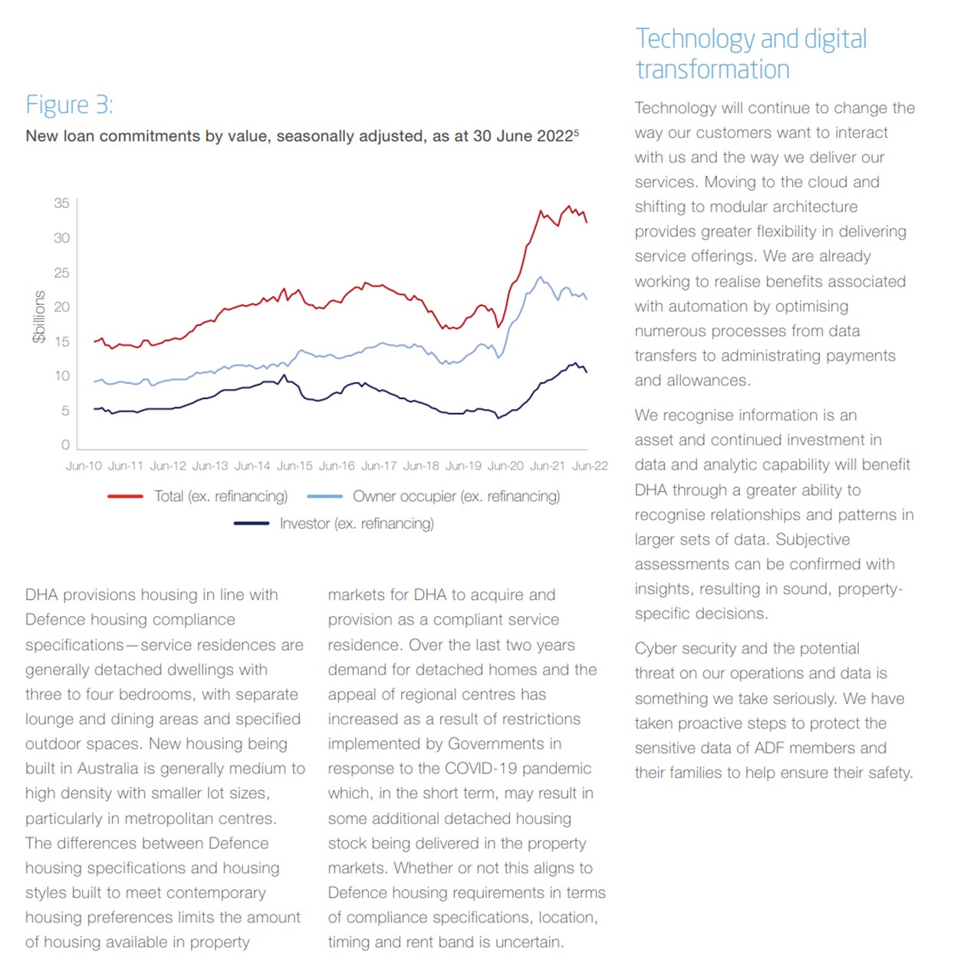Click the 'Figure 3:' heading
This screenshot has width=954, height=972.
(70, 105)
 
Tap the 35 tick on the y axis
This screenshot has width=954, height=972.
(61, 203)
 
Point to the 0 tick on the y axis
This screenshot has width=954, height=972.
(65, 445)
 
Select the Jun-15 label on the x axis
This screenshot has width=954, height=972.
(294, 466)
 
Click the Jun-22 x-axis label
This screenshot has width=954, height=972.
(590, 466)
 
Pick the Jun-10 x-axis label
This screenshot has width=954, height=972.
(84, 466)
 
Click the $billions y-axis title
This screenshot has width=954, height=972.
(39, 317)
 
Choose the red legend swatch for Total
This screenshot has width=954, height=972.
(125, 496)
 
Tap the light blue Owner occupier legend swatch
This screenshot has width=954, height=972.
(324, 496)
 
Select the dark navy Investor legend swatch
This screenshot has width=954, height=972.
(251, 523)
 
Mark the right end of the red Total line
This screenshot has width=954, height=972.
(587, 222)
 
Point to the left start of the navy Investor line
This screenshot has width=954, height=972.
(94, 409)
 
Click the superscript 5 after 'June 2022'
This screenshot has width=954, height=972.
(577, 132)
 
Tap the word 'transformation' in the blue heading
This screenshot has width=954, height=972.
(712, 70)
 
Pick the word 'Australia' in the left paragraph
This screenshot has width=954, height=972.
(107, 768)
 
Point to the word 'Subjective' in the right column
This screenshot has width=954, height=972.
(812, 540)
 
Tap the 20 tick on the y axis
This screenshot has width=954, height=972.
(61, 307)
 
